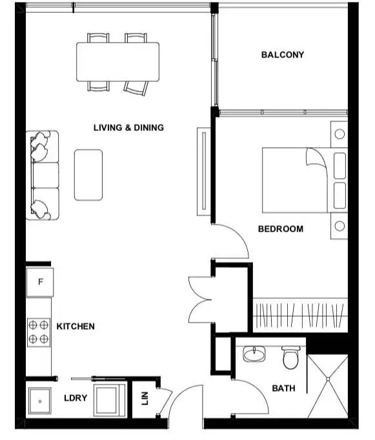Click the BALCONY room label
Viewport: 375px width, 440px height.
(x=282, y=55)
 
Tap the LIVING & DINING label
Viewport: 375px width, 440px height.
(x=128, y=128)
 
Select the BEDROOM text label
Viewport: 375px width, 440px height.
(x=280, y=229)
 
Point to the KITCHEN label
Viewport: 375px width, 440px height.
(x=76, y=326)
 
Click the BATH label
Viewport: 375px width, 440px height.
(x=284, y=388)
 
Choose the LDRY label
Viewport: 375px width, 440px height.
(x=76, y=398)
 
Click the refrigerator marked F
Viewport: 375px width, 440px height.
(x=40, y=282)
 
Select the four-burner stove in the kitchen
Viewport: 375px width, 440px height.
(x=39, y=332)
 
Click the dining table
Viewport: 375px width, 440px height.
(x=118, y=62)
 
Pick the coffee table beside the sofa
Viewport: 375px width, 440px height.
(x=88, y=175)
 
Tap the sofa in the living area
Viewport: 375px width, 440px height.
(x=43, y=175)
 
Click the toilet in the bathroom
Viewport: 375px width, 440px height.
(x=290, y=358)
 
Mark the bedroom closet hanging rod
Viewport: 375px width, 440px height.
(x=300, y=315)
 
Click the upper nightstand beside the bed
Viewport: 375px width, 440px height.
(x=339, y=135)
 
